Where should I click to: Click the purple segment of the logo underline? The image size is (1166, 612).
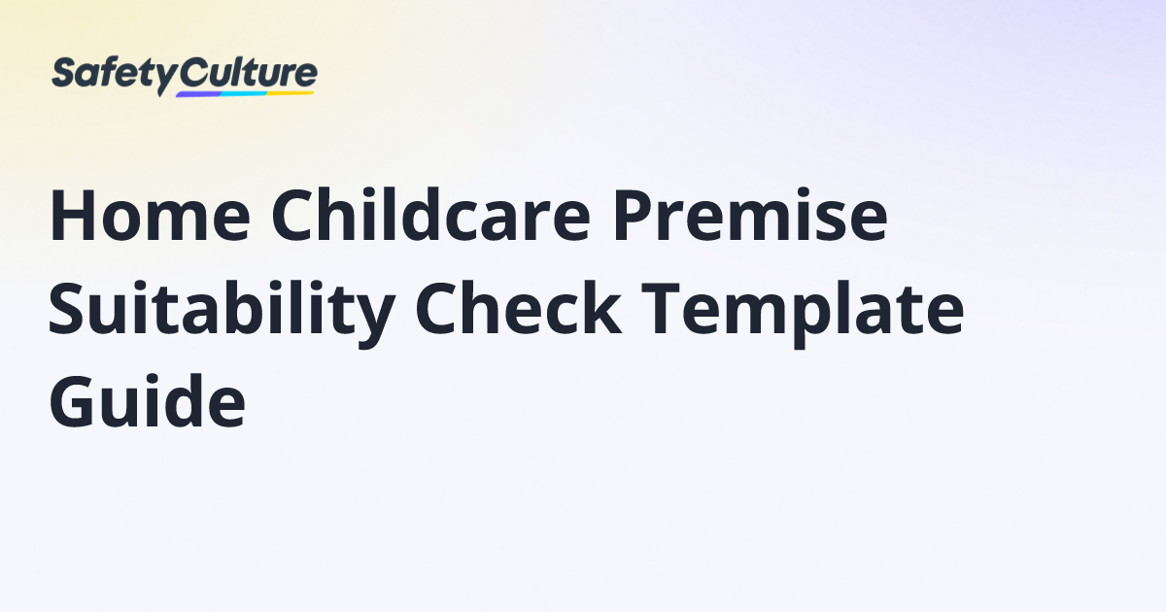[x=199, y=94]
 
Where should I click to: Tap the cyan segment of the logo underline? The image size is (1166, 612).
[x=244, y=94]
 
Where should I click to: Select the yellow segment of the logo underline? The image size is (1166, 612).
[x=291, y=93]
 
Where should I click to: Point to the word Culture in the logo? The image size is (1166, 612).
[x=249, y=74]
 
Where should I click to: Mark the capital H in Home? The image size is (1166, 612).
[x=70, y=218]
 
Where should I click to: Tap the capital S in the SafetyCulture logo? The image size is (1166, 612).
[x=63, y=75]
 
